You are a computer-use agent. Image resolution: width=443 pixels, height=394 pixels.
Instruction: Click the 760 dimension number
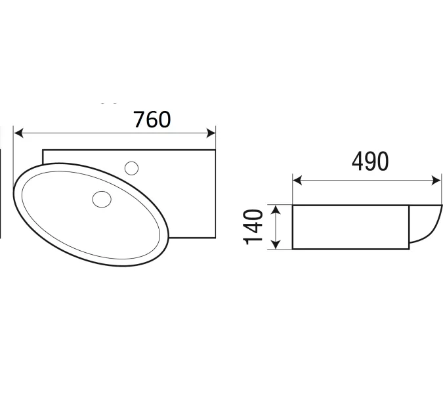(x=152, y=120)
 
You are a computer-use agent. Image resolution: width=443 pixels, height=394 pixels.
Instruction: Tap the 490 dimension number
(x=370, y=162)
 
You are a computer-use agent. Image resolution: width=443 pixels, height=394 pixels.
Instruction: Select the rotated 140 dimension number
(x=253, y=227)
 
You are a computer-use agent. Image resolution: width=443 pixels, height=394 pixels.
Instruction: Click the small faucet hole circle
(x=131, y=169)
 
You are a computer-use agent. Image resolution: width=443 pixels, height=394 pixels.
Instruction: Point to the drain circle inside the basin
(x=102, y=199)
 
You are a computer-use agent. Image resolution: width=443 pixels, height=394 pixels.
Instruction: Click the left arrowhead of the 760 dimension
(x=18, y=133)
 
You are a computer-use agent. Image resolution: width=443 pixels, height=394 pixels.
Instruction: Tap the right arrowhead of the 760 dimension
(x=211, y=133)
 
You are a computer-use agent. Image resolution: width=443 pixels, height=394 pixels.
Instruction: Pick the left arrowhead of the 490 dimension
(x=297, y=181)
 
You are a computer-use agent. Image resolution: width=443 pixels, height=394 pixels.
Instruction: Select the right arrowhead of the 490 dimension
(x=436, y=181)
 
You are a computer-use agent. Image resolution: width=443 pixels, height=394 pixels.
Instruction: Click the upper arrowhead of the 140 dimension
(x=276, y=209)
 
